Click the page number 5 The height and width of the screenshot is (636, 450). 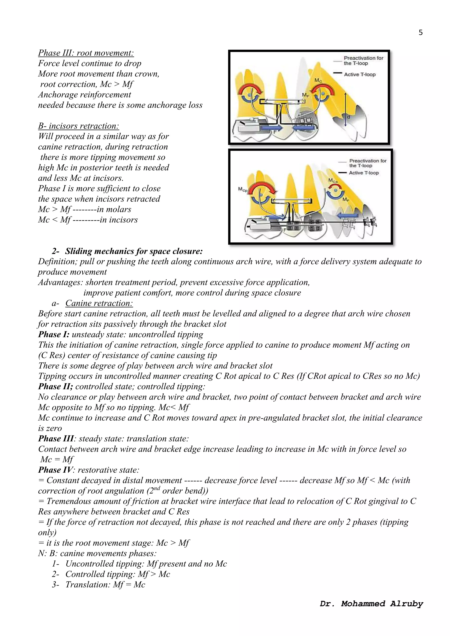[x=420, y=33]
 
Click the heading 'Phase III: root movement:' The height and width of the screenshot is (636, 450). [x=86, y=53]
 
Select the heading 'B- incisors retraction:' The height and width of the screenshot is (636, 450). [x=79, y=126]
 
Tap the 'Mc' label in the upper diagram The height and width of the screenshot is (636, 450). [x=318, y=81]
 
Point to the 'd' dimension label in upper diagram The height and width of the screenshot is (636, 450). [x=348, y=117]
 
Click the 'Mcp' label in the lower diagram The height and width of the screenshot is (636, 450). [x=243, y=190]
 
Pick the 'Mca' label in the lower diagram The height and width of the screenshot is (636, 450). [x=333, y=181]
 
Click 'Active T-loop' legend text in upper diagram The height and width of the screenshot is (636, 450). [x=360, y=74]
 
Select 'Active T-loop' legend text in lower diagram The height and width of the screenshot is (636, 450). [x=364, y=173]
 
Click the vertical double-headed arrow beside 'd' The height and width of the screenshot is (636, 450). [x=345, y=109]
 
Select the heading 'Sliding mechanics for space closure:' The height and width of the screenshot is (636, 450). [x=134, y=251]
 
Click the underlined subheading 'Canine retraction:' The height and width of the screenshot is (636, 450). [x=99, y=303]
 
